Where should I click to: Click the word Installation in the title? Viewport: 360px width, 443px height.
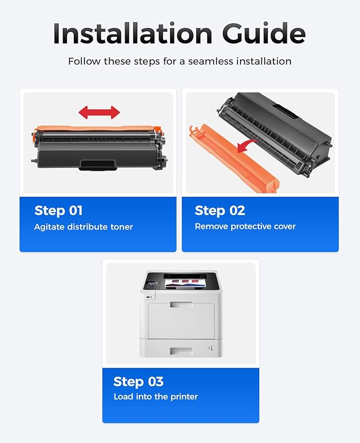point(133,33)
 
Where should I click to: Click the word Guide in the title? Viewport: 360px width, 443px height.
point(264,33)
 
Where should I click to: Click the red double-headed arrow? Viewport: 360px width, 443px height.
point(99,112)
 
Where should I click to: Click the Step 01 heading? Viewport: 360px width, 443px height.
point(58,211)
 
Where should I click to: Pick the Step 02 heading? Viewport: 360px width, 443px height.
point(220,211)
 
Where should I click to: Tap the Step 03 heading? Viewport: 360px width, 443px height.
point(138,382)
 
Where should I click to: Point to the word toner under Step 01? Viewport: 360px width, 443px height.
point(121,227)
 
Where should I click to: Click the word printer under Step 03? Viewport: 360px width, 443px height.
point(184,397)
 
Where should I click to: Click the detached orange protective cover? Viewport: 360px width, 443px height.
point(234,160)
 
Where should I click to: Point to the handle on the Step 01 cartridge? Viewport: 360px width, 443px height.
point(98,165)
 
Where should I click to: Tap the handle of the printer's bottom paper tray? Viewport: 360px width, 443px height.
point(181,351)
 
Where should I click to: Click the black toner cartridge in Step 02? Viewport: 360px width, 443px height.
point(275,133)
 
